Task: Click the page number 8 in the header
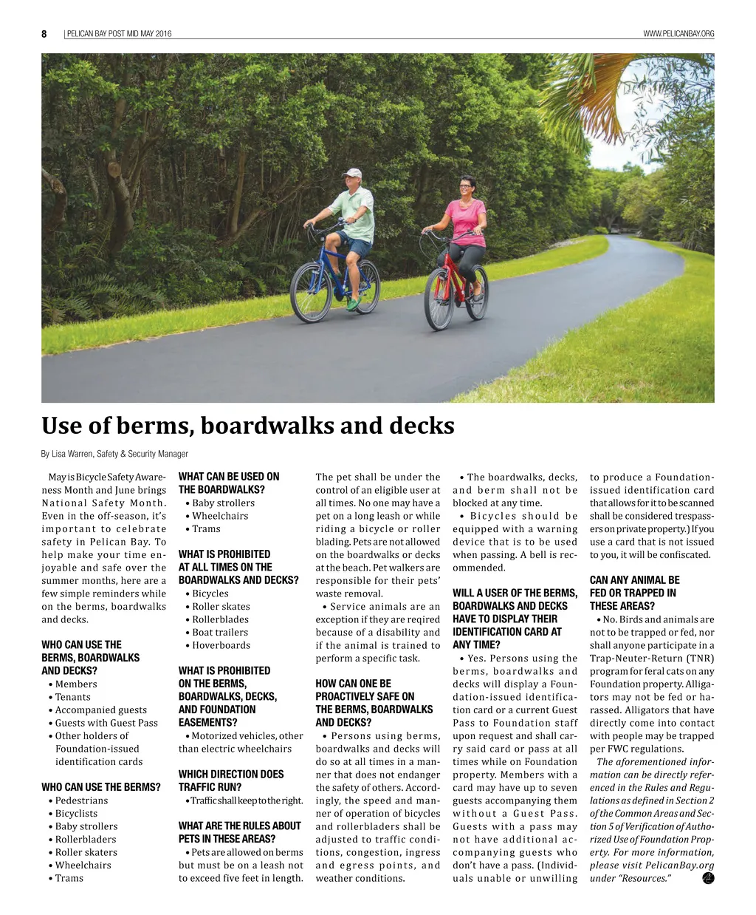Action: point(44,34)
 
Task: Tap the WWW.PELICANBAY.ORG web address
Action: point(678,34)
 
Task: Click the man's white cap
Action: point(352,173)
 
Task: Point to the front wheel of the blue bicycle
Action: point(311,292)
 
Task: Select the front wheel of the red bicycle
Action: point(440,299)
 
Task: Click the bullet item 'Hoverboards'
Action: point(221,645)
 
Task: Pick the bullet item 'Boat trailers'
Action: point(220,633)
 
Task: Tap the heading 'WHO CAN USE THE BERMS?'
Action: point(100,787)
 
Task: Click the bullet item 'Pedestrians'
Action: point(81,800)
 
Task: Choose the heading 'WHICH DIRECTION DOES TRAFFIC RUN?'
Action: point(230,780)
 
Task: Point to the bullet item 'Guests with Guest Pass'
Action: point(106,723)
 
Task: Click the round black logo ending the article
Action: point(708,877)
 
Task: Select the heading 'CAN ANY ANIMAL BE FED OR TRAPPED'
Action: point(634,593)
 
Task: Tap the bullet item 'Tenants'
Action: point(72,697)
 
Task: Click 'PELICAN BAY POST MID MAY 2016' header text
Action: point(119,34)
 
